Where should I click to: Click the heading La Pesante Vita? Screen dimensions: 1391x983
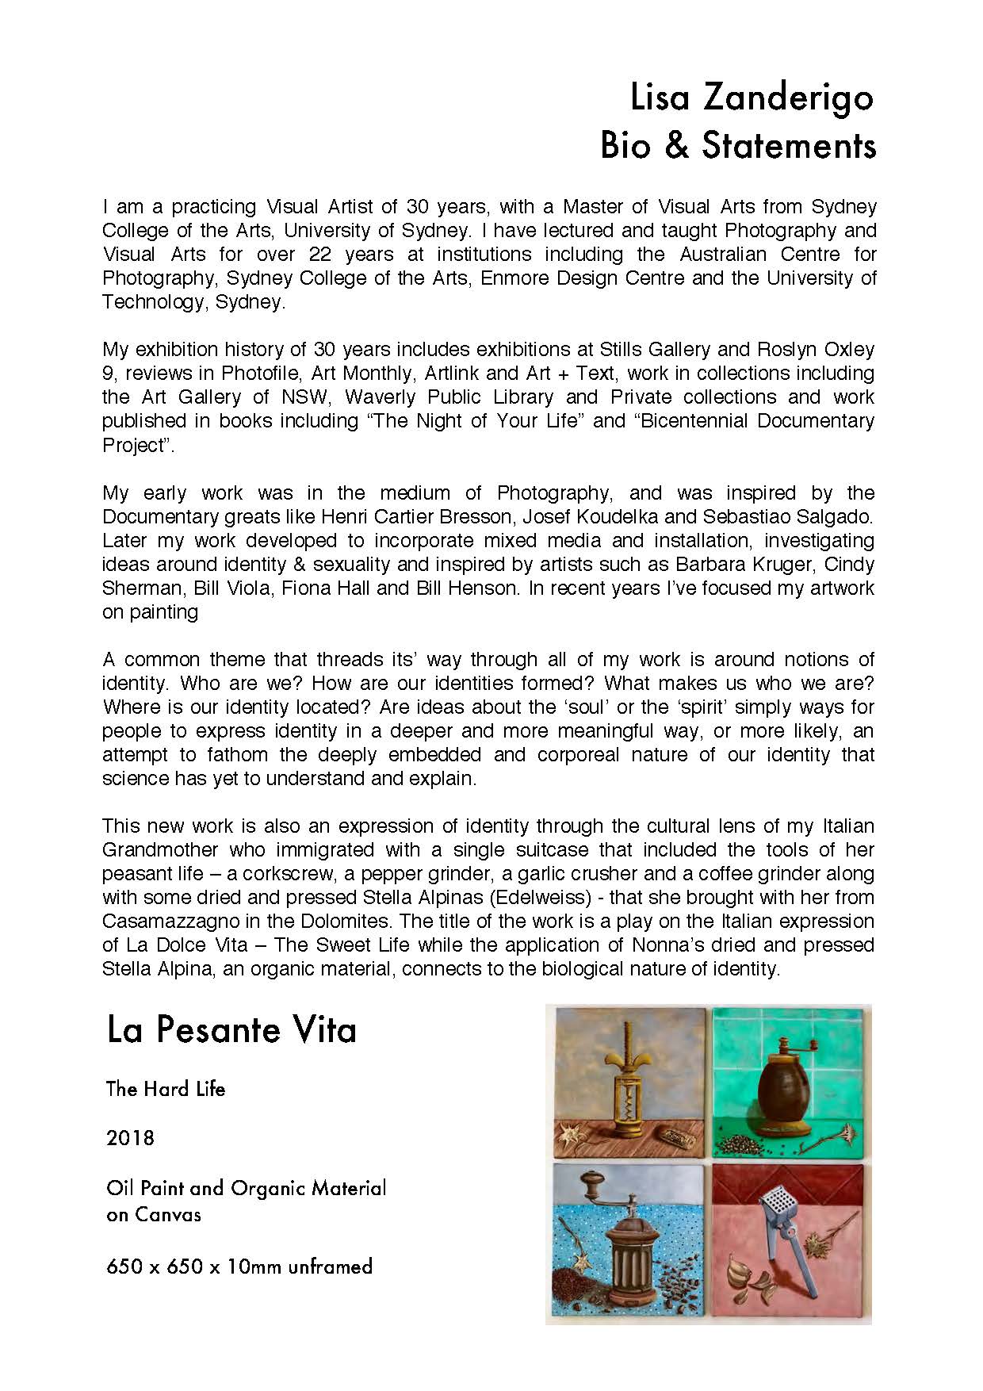coord(231,1030)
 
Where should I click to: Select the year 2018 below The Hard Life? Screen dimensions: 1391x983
coord(130,1138)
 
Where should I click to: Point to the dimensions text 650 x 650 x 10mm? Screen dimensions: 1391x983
coord(239,1266)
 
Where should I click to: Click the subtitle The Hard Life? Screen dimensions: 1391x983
coord(166,1089)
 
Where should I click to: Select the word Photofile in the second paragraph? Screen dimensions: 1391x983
coord(261,373)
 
